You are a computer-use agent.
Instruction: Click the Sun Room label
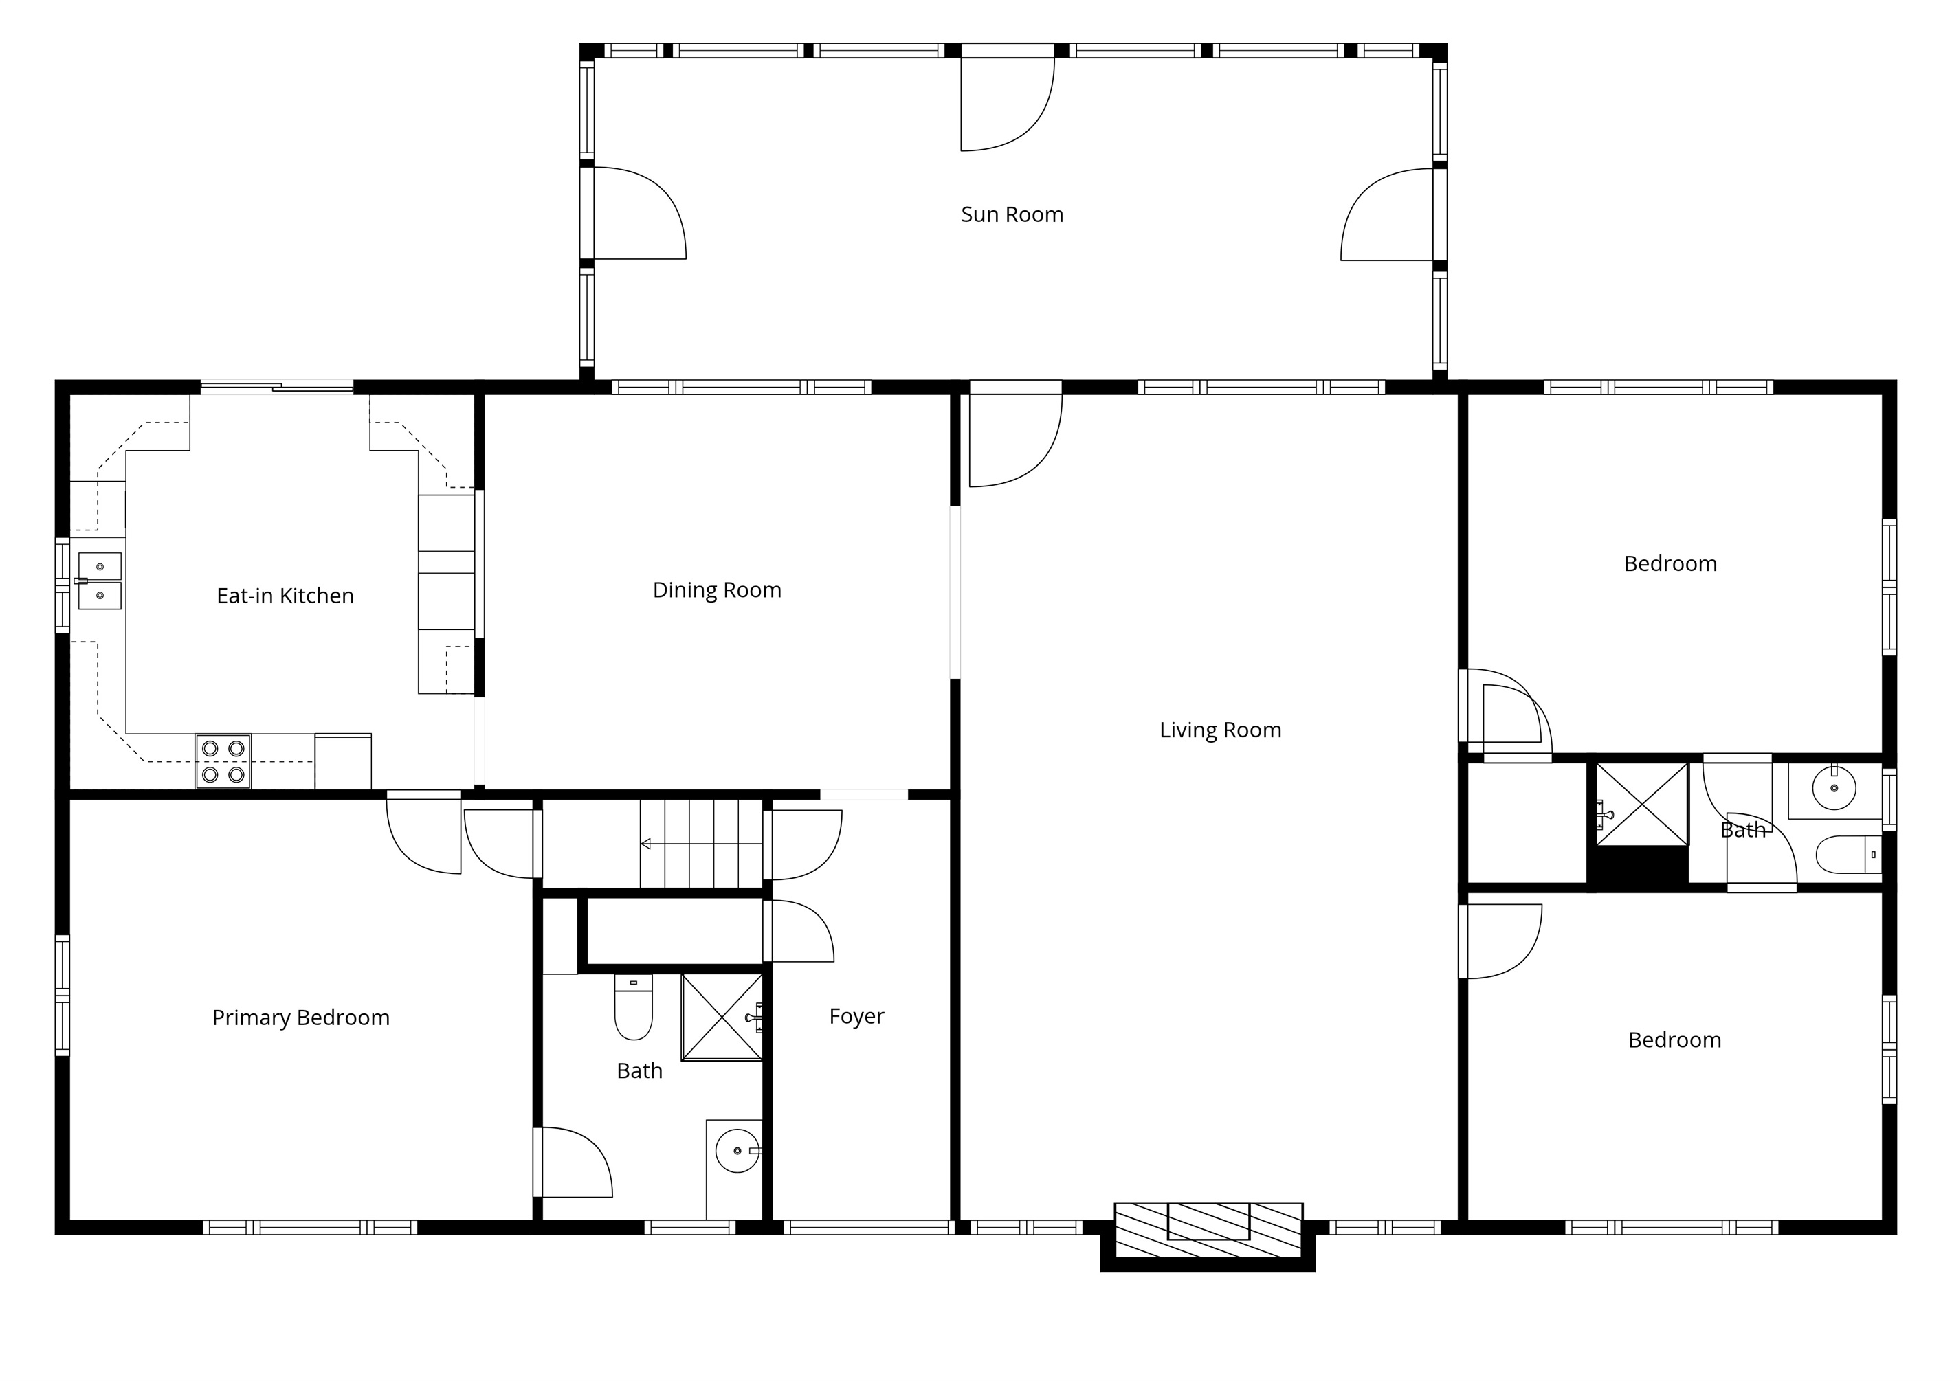click(1012, 214)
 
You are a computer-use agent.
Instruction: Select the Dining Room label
click(717, 590)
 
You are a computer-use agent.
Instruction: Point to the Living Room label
click(1221, 730)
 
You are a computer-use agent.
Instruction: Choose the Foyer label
click(856, 1016)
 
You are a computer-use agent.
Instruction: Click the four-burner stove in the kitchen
click(223, 761)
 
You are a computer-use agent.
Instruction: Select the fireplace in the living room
click(1208, 1231)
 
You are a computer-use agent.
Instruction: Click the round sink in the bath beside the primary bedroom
click(737, 1151)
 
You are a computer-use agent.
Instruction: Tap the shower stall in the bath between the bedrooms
click(1641, 805)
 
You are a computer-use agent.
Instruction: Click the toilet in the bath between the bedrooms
click(1848, 855)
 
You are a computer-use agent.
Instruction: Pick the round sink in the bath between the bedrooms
click(1834, 787)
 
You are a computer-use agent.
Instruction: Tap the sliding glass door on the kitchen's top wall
click(276, 388)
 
